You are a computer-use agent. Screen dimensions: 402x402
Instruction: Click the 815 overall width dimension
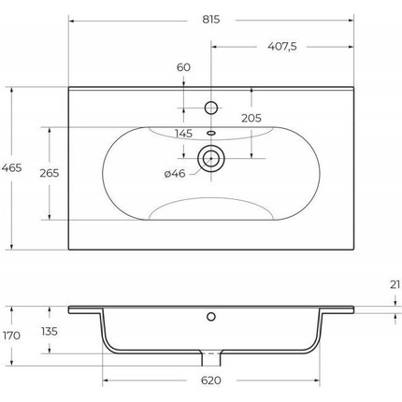point(211,20)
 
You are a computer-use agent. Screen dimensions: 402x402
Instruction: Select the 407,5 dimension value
point(282,47)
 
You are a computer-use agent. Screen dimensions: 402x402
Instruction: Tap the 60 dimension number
point(183,67)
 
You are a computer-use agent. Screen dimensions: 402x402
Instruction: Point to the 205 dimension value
point(251,118)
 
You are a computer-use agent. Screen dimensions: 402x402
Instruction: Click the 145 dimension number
point(183,134)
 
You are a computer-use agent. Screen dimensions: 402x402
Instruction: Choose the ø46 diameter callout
point(175,174)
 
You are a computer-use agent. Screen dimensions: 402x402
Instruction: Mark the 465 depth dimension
point(12,168)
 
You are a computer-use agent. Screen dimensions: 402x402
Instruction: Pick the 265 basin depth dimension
point(50,173)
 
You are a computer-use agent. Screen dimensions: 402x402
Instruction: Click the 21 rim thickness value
point(395,284)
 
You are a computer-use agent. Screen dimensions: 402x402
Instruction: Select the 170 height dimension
point(11,336)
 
